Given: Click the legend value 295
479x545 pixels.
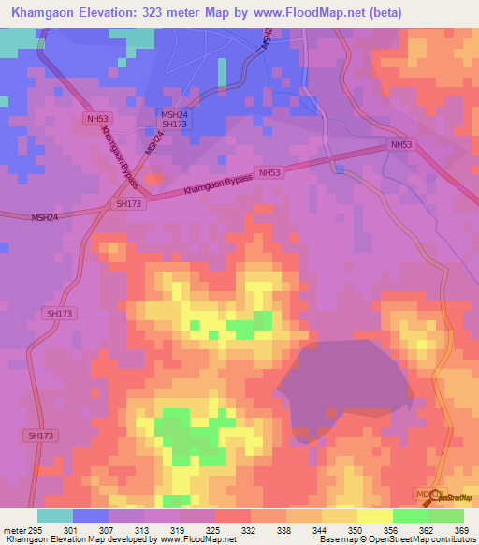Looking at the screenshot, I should (35, 529).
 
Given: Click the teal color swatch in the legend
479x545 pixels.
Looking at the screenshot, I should (55, 516).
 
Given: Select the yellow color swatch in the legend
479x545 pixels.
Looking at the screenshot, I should (375, 516).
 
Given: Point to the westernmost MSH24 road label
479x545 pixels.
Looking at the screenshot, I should (44, 216).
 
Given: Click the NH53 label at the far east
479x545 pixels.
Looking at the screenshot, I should (401, 145).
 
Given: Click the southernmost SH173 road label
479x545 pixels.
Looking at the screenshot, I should (40, 435).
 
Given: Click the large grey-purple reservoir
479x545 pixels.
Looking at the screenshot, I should (346, 379).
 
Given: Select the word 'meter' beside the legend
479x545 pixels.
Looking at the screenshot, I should (14, 529).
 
